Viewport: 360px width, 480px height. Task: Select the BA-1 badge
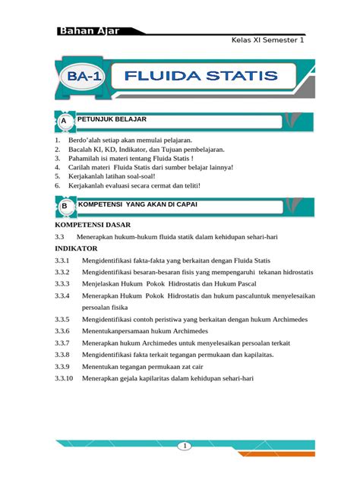[x=84, y=77]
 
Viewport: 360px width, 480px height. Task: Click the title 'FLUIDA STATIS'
[x=201, y=76]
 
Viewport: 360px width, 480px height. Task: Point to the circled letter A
[x=65, y=122]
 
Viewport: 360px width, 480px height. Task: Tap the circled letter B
[x=65, y=206]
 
